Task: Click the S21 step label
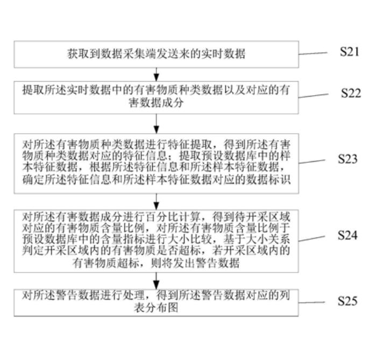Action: (350, 52)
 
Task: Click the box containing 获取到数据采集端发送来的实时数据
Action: (156, 54)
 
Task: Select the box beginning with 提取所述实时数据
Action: (156, 97)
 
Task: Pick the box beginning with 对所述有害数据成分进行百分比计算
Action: (156, 240)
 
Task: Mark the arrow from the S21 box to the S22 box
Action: (156, 73)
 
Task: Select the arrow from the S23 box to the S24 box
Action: (156, 201)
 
